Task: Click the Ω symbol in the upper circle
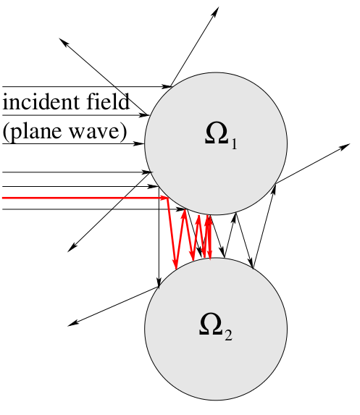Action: pos(217,133)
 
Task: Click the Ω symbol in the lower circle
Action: pos(211,324)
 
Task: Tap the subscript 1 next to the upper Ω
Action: pos(234,144)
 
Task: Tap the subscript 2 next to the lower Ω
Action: pos(228,335)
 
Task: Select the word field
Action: pos(108,101)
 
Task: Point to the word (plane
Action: pos(33,132)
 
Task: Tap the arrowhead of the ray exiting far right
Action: pos(345,146)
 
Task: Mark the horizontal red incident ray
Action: pos(85,198)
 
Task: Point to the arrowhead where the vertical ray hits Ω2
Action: pos(159,282)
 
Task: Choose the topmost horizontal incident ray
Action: pos(87,86)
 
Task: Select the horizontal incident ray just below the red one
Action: pos(93,209)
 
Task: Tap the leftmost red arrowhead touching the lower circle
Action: pos(175,264)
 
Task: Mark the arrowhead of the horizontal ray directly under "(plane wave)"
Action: pos(138,143)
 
